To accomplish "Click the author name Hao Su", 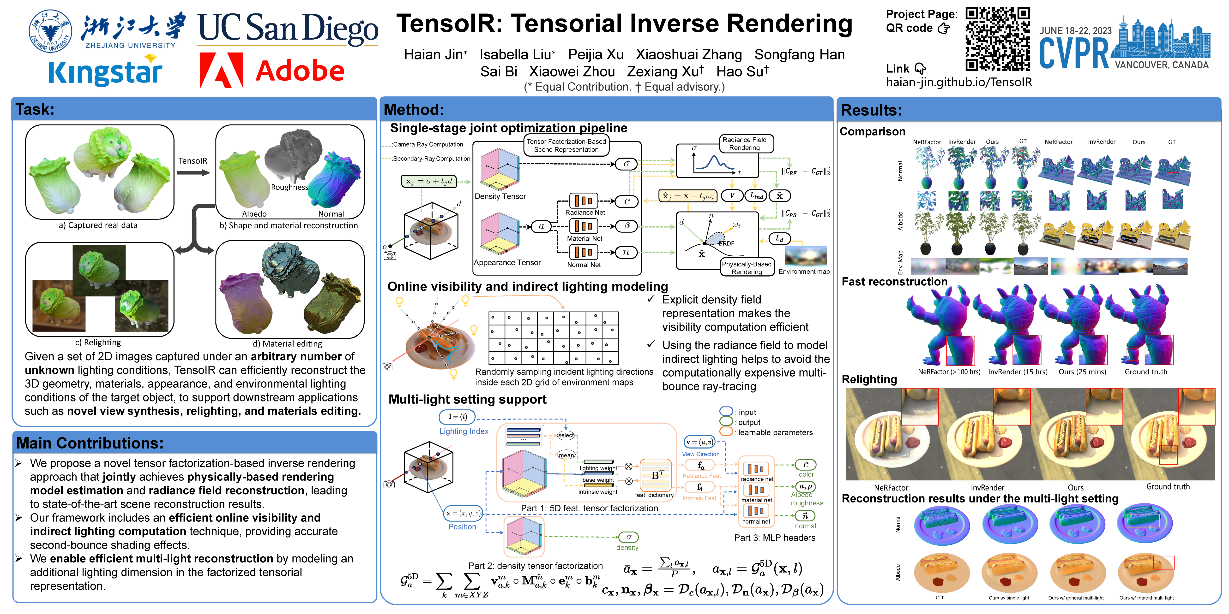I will [742, 71].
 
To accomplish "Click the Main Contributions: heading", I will [90, 443].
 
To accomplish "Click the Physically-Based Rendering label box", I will [747, 267].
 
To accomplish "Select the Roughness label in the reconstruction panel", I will [289, 187].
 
